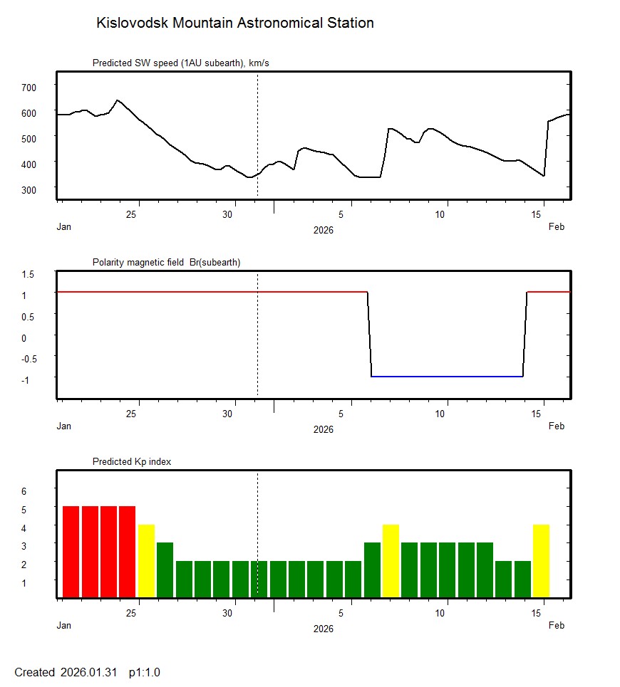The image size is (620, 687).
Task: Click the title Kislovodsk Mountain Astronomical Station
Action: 234,23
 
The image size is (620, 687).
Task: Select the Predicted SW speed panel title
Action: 180,63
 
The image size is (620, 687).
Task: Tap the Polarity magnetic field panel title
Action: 166,262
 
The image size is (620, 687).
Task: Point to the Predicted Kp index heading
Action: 132,461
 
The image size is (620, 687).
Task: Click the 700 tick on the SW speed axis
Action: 29,87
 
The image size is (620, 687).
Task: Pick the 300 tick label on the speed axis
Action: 29,189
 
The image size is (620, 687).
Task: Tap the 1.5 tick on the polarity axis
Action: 29,273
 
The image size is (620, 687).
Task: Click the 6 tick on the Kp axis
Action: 24,491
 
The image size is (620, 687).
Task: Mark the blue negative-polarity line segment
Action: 447,376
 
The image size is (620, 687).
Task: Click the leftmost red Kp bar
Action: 71,552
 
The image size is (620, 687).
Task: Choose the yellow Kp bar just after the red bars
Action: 146,561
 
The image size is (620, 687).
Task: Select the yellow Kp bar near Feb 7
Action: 391,561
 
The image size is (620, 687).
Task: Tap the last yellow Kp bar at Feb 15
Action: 541,561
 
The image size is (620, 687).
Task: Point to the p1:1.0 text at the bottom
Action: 144,672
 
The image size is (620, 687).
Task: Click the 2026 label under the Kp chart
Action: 323,629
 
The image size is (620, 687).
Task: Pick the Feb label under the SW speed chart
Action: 557,227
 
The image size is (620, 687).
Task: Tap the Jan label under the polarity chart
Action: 64,426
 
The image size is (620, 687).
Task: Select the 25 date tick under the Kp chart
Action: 132,613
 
